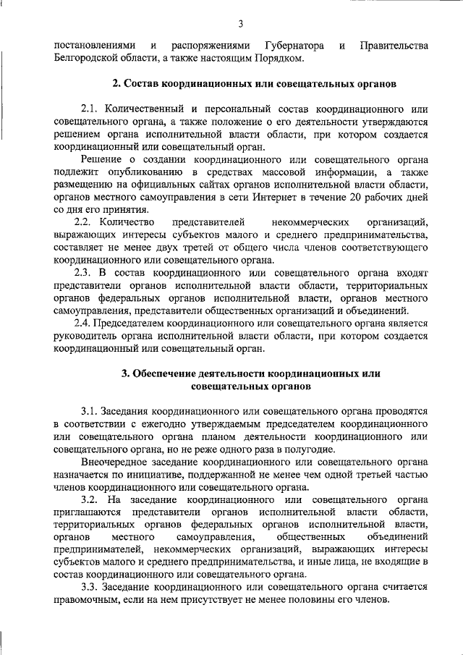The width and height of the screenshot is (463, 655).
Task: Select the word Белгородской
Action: click(88, 59)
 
